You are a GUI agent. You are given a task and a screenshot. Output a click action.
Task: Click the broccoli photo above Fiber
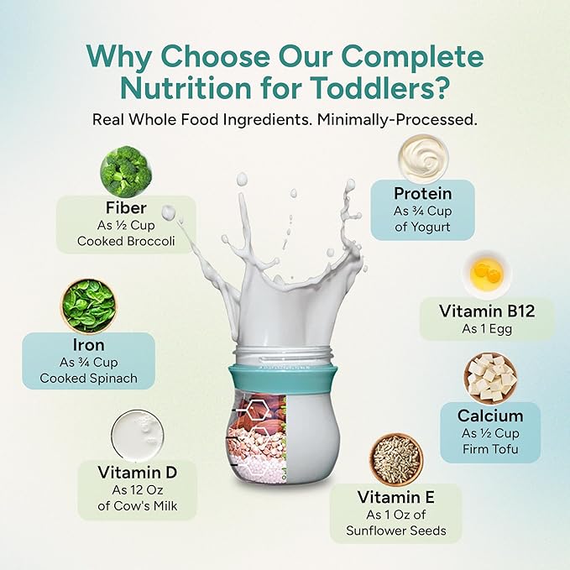tap(126, 172)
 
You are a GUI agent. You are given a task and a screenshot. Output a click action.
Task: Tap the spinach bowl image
tap(87, 306)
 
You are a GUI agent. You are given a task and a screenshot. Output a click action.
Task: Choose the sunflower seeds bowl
tap(396, 459)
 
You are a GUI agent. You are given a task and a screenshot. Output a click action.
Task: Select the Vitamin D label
tap(137, 473)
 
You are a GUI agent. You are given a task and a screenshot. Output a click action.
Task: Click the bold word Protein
tap(423, 194)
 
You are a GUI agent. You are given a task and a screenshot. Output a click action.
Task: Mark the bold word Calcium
tap(490, 415)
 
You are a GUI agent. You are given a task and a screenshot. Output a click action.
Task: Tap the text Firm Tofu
tap(490, 449)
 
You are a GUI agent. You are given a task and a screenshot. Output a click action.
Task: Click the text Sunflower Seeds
tap(395, 531)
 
